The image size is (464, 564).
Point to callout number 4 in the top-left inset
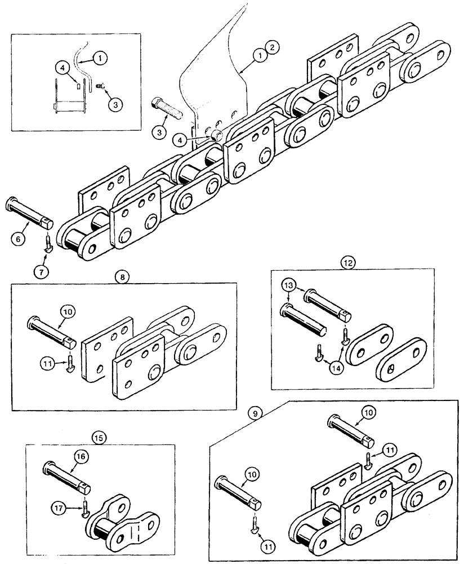pos(63,67)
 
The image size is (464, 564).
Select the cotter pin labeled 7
pos(49,244)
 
